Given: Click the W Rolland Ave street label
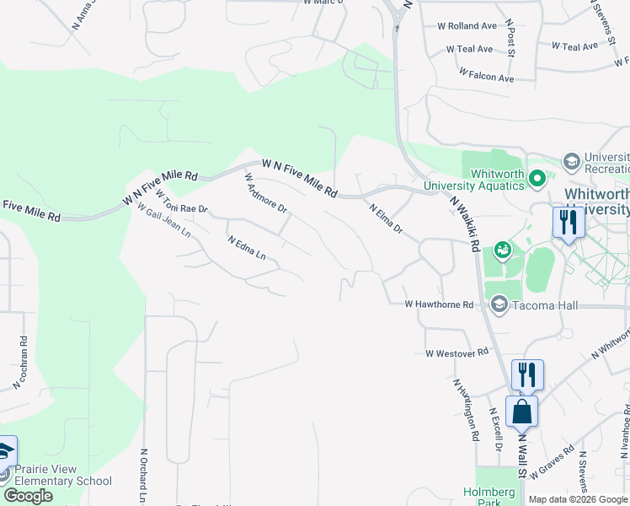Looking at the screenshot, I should click(x=467, y=26).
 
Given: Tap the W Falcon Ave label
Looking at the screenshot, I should click(x=486, y=77).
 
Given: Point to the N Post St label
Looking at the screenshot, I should click(x=510, y=40).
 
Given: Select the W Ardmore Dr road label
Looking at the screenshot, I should click(x=265, y=193).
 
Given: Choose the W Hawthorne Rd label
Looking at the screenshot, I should click(x=439, y=304).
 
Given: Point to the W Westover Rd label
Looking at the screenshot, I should click(x=457, y=353).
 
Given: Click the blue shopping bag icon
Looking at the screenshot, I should click(x=522, y=412).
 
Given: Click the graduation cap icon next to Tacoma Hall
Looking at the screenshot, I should click(x=499, y=304).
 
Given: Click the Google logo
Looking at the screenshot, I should click(x=28, y=496).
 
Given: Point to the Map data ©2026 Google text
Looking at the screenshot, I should click(x=578, y=499).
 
